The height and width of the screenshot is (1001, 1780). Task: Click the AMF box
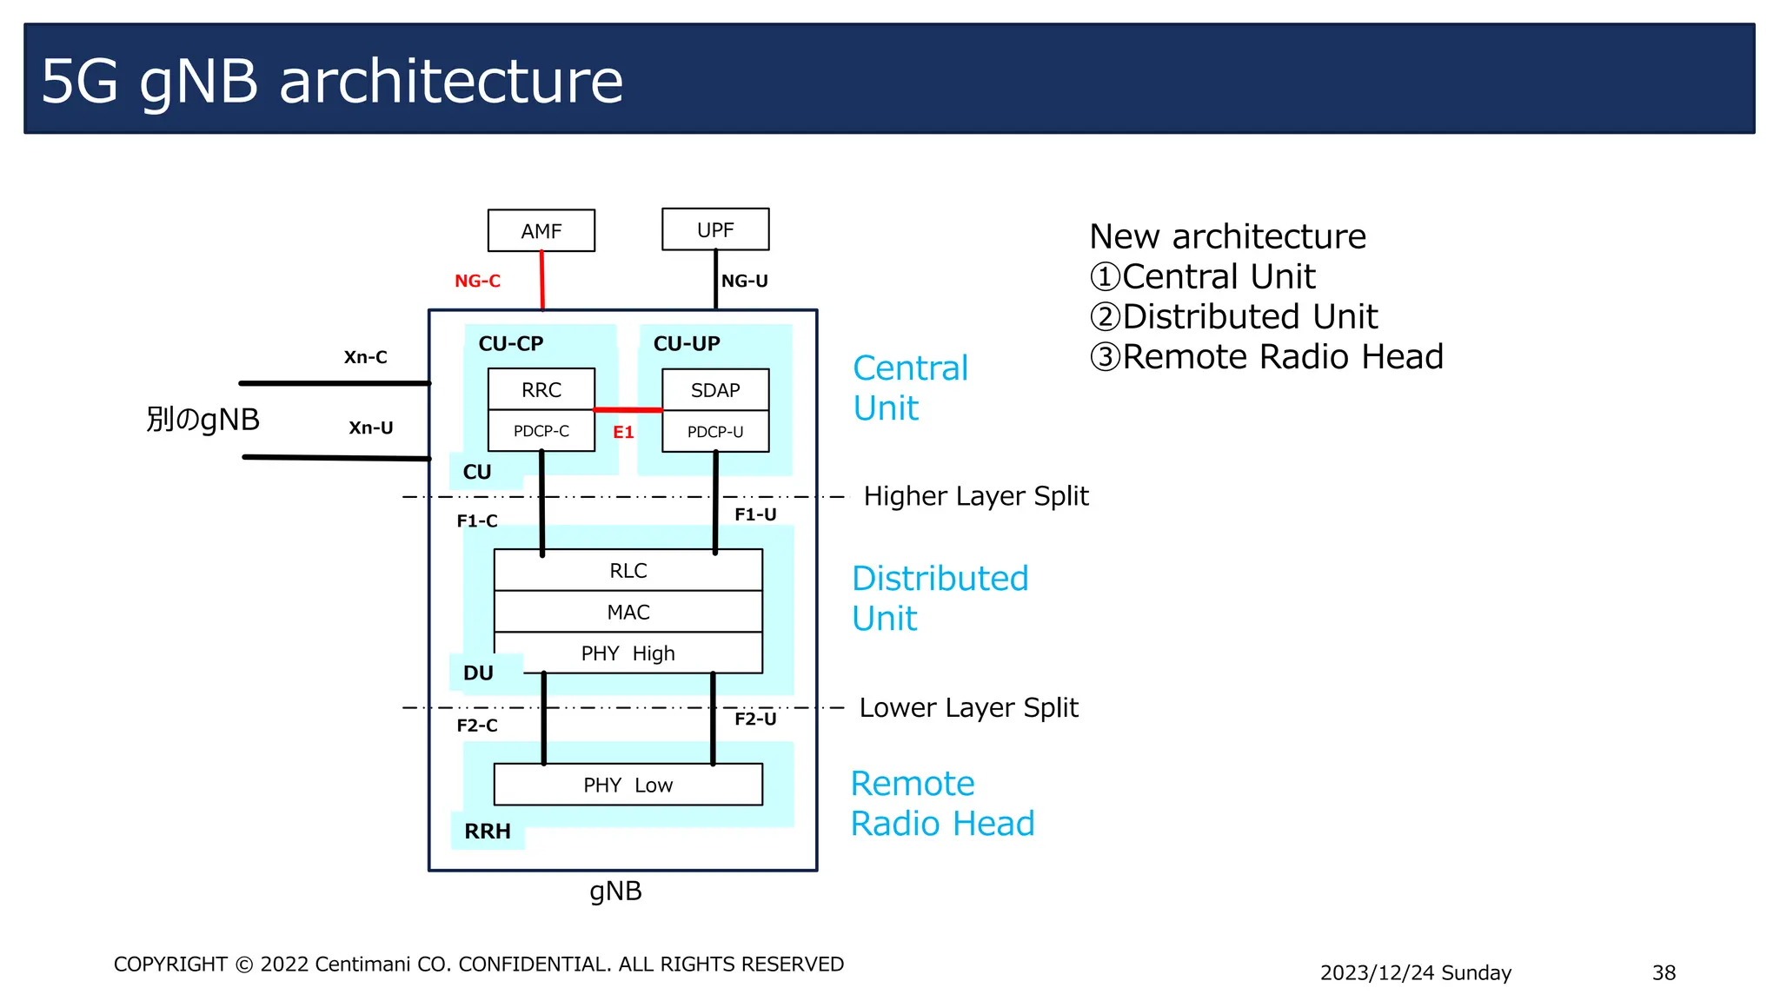tap(541, 231)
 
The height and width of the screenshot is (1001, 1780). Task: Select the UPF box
tap(714, 229)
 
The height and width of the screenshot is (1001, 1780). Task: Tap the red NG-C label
tap(477, 281)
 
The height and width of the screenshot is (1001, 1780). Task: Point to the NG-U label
tap(745, 281)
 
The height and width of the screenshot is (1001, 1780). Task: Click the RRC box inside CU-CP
tap(541, 389)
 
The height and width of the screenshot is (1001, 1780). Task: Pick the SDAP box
tap(714, 390)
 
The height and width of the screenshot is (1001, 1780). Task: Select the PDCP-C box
tap(541, 431)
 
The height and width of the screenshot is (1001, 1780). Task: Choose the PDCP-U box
tap(714, 432)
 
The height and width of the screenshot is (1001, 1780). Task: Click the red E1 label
tap(623, 432)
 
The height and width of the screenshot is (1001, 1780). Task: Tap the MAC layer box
tap(628, 612)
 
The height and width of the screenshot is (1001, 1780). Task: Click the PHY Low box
tap(628, 785)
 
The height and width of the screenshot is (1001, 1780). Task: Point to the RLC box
tap(628, 570)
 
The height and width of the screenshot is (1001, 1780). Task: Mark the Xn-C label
tap(365, 357)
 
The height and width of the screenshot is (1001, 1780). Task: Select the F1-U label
tap(755, 514)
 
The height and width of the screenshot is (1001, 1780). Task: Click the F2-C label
tap(477, 726)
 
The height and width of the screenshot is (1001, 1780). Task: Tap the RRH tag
tap(487, 832)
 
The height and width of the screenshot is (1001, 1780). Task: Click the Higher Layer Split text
tap(975, 496)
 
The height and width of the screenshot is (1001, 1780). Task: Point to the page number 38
tap(1664, 972)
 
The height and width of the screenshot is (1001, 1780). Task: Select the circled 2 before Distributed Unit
tap(1105, 317)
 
